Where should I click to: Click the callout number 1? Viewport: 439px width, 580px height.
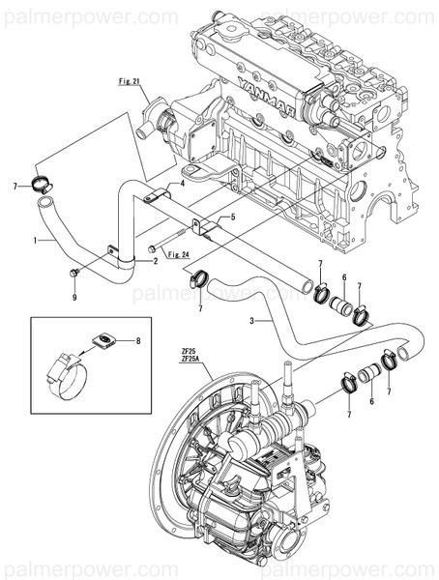pos(36,238)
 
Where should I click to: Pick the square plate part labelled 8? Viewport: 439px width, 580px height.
pos(103,339)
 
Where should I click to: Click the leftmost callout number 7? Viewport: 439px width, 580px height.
pos(15,185)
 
